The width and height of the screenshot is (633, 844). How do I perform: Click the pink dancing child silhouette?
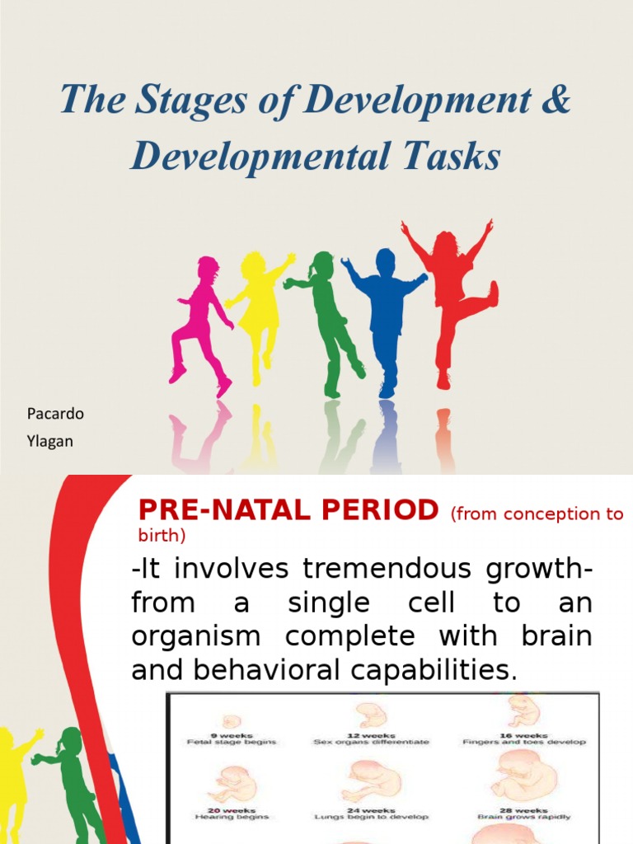click(200, 321)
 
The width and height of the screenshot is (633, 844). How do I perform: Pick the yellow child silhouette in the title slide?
click(259, 313)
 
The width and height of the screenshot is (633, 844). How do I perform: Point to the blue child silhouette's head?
click(385, 261)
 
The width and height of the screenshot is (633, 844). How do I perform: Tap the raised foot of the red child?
click(492, 293)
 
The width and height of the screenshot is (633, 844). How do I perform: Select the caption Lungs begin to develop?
click(371, 817)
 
